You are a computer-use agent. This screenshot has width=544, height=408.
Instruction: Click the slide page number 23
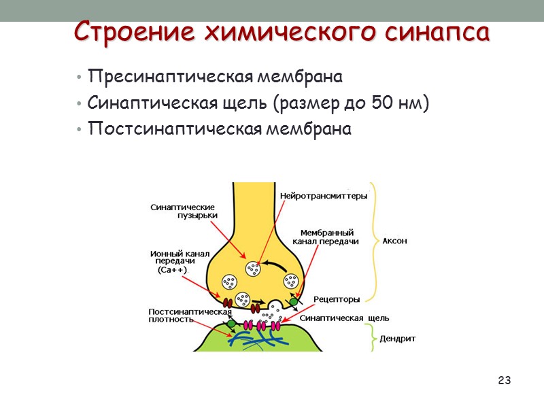504,379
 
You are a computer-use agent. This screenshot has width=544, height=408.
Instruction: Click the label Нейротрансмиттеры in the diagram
324,196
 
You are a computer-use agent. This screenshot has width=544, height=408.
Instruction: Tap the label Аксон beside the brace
395,240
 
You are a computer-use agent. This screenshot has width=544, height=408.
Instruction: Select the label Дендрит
397,338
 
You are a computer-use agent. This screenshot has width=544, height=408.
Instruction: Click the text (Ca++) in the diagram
171,270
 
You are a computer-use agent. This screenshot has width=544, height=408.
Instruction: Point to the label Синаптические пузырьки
184,211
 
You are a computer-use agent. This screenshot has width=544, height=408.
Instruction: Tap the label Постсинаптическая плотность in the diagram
190,316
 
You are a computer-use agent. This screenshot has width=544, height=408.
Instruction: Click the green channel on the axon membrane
294,301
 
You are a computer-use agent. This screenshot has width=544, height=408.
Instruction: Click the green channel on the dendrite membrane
231,324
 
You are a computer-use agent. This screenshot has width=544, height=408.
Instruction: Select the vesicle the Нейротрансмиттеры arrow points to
253,269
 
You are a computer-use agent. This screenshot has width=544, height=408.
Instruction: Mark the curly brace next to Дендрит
371,338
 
